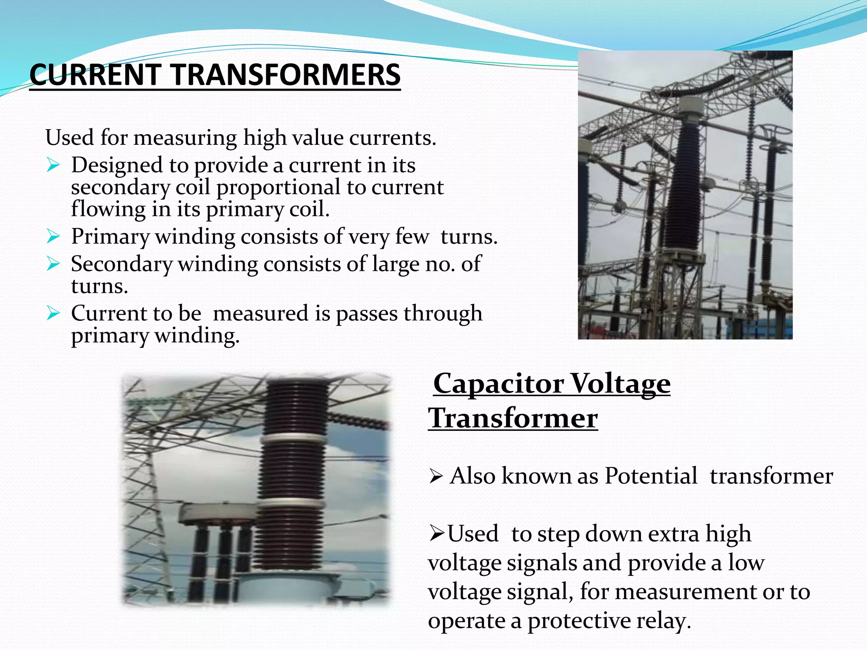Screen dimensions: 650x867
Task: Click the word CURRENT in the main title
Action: [x=95, y=74]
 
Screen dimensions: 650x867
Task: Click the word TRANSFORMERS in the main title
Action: [x=286, y=74]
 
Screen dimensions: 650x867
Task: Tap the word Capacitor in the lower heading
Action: [x=498, y=383]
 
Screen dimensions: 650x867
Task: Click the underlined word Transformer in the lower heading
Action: [x=513, y=418]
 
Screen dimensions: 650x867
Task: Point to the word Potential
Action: [x=651, y=476]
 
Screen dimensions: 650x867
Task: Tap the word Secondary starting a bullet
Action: [x=121, y=264]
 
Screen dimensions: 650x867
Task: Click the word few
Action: [x=411, y=236]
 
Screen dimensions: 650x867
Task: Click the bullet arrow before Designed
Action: [x=53, y=165]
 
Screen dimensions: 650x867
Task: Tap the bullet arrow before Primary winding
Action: [x=53, y=236]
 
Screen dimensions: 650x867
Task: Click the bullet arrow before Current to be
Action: [x=53, y=314]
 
